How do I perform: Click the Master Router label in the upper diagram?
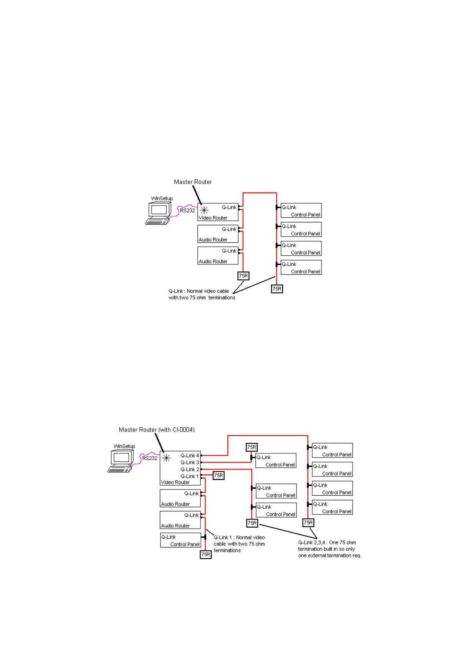(x=193, y=182)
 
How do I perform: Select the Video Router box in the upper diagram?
(x=218, y=212)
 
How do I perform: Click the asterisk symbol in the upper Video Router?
(x=204, y=210)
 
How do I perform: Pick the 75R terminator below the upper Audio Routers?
(x=243, y=276)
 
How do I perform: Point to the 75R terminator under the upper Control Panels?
(x=277, y=289)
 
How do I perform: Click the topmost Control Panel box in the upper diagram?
(x=301, y=211)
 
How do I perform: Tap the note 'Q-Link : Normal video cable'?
(x=199, y=291)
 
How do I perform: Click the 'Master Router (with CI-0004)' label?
(x=157, y=430)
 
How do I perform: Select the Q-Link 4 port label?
(x=190, y=456)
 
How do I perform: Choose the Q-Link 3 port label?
(x=190, y=463)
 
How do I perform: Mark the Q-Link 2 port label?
(x=190, y=469)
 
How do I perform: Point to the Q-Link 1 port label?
(x=190, y=476)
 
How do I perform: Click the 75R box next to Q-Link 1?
(x=219, y=476)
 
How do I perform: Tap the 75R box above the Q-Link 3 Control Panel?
(x=252, y=447)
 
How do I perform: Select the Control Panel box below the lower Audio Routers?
(x=180, y=540)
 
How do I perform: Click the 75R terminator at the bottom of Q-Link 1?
(x=206, y=554)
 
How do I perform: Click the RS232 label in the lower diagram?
(x=150, y=458)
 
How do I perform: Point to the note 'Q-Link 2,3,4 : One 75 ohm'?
(x=327, y=543)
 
